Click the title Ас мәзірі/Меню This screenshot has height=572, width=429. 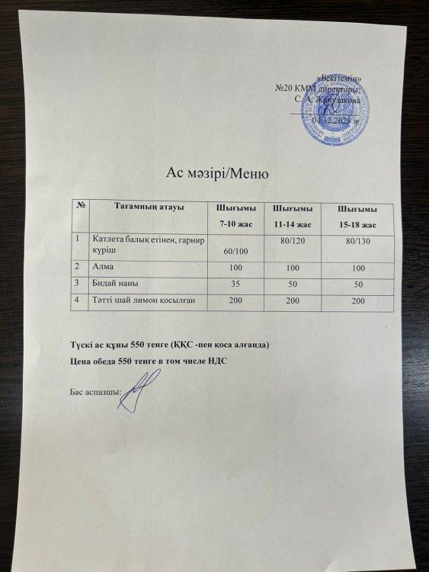tap(218, 173)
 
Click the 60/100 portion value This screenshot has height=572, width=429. tap(235, 250)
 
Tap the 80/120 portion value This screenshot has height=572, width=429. tap(293, 241)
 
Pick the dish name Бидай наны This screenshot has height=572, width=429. tap(112, 283)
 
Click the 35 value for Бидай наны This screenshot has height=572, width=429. tap(235, 284)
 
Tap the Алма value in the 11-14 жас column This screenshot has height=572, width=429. tap(293, 268)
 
